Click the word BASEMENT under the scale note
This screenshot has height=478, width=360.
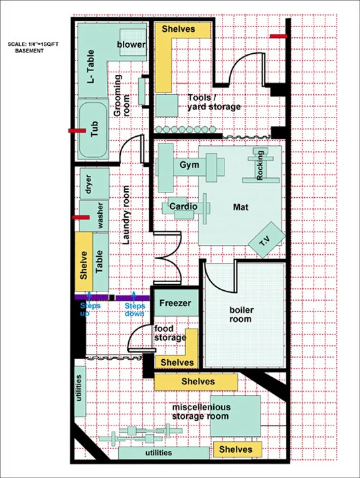point(29,50)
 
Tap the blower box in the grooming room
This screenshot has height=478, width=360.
point(131,44)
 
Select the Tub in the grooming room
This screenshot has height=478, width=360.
point(93,129)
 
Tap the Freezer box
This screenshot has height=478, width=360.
point(175,304)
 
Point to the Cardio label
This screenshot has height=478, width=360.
point(183,207)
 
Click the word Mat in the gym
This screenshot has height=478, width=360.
point(240,207)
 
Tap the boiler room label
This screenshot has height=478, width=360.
point(240,314)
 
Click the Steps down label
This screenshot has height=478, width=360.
point(135,309)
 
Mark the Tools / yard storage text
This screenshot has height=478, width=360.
point(214,102)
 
